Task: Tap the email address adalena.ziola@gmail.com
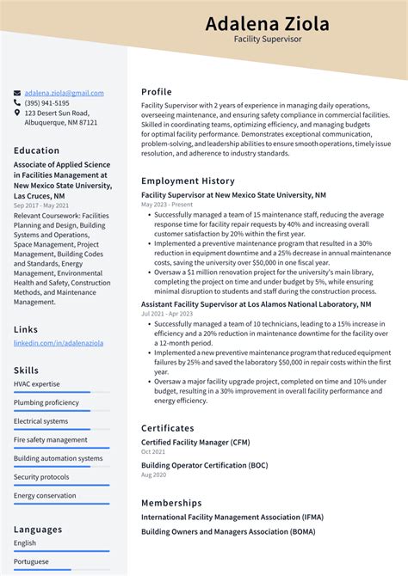tap(64, 93)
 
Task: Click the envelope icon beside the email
tap(17, 93)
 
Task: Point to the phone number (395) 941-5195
tap(47, 103)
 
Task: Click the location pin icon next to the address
tap(17, 113)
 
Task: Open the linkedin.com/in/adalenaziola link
tap(58, 343)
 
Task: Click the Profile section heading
tap(157, 92)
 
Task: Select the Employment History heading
tap(188, 181)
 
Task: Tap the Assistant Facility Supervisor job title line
tap(256, 304)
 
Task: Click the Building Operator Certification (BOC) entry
tap(205, 465)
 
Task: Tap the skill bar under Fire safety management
tap(61, 448)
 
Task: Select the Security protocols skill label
tap(41, 477)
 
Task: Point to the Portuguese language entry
tap(31, 561)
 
